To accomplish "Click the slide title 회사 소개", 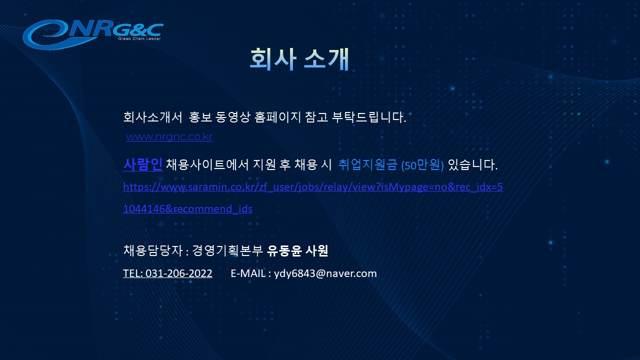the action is [299, 59].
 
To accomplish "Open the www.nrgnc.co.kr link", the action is [169, 136].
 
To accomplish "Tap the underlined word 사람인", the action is [143, 164].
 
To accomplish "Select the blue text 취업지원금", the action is [367, 164].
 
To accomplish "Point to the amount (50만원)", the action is [422, 165].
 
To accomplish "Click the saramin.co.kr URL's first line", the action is [313, 187].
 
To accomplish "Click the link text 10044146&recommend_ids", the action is [187, 209].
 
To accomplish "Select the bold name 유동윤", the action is [284, 250].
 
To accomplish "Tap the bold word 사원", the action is [316, 250].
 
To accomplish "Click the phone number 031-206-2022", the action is [179, 273].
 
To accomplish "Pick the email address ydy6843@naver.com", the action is [325, 273].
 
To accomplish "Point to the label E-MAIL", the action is [248, 273].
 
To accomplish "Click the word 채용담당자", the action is [153, 250].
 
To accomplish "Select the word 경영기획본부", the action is [227, 250].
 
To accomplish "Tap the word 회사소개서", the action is [153, 117].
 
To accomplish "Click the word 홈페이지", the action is [277, 117].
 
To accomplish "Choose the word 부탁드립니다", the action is [369, 117].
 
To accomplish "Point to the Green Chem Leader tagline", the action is [139, 38].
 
